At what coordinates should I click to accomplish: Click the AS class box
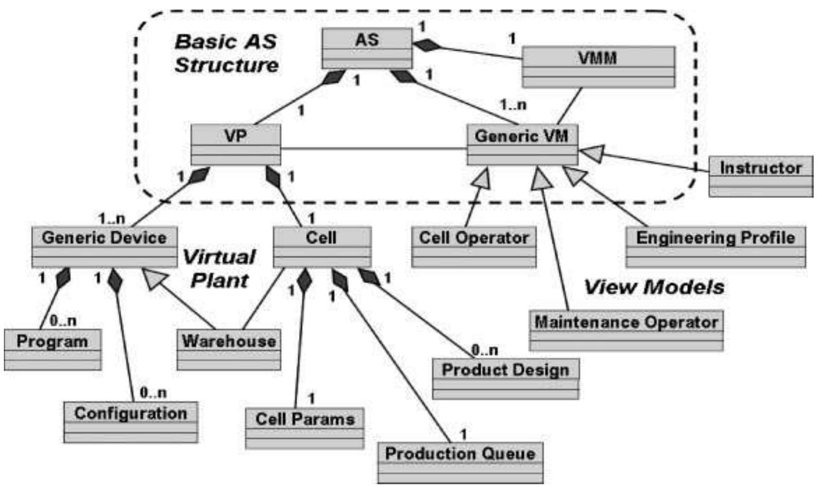(367, 48)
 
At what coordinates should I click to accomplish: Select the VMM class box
(598, 67)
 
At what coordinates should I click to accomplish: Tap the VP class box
(236, 144)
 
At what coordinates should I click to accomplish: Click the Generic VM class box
(522, 144)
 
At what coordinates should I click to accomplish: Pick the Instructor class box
(760, 176)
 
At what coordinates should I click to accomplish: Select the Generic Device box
(104, 246)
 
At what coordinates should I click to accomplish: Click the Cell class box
(321, 246)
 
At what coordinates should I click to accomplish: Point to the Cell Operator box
(474, 247)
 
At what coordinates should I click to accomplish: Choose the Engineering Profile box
(715, 247)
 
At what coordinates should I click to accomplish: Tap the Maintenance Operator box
(626, 330)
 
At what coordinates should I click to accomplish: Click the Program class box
(52, 350)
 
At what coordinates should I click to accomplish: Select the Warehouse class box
(229, 350)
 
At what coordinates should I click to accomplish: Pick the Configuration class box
(131, 422)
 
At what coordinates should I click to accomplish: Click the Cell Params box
(305, 428)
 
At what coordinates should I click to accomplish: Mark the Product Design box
(506, 378)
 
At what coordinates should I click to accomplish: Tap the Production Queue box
(460, 462)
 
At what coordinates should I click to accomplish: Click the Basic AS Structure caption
(226, 53)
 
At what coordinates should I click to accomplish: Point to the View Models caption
(653, 287)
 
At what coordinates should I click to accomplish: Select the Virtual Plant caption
(219, 268)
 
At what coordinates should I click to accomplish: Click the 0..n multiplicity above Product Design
(484, 350)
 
